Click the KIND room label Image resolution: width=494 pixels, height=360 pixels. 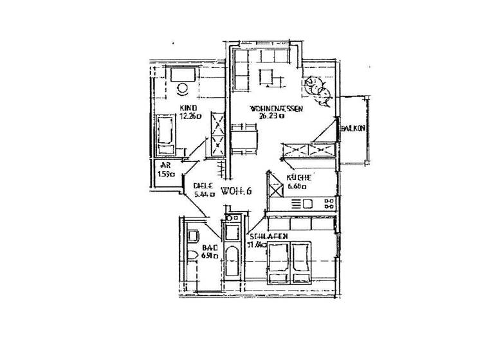click(188, 108)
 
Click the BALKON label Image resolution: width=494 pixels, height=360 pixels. click(354, 129)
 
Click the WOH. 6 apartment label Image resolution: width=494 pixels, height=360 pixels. click(235, 191)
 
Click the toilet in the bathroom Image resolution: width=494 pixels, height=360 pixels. click(191, 258)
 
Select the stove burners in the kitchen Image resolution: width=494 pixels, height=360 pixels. click(329, 204)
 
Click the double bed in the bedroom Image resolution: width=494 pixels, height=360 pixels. click(290, 263)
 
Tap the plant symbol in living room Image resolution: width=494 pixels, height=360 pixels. click(318, 91)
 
